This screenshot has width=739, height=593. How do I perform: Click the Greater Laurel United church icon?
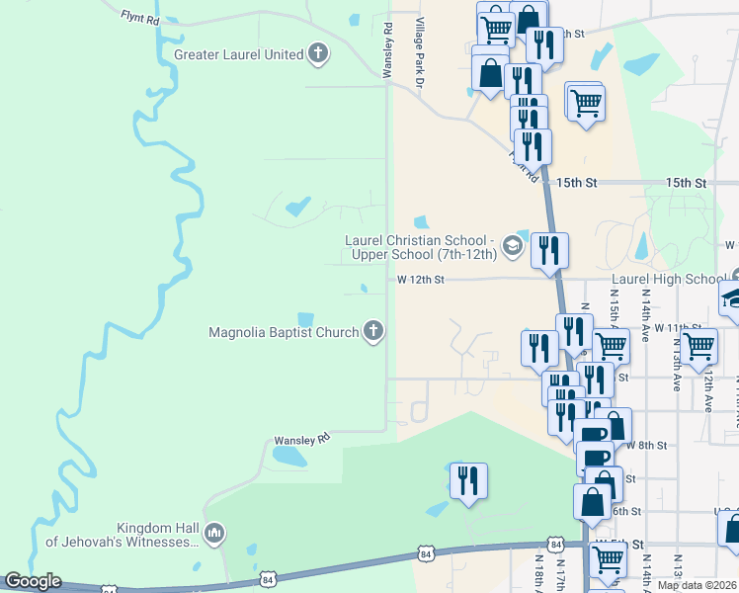pyautogui.click(x=317, y=54)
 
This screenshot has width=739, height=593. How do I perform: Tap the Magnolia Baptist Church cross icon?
pyautogui.click(x=373, y=331)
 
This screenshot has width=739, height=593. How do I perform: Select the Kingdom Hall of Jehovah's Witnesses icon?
pyautogui.click(x=215, y=535)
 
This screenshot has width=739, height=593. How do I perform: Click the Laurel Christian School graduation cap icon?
pyautogui.click(x=512, y=246)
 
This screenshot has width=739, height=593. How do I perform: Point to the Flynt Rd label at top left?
pyautogui.click(x=139, y=17)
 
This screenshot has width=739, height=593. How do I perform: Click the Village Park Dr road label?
pyautogui.click(x=419, y=55)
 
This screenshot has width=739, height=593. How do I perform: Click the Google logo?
pyautogui.click(x=33, y=581)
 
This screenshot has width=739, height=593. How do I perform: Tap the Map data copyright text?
pyautogui.click(x=698, y=585)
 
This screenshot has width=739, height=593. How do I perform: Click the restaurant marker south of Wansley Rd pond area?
pyautogui.click(x=467, y=481)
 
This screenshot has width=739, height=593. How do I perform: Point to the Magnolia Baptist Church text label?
pyautogui.click(x=284, y=332)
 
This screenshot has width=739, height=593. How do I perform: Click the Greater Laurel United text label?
pyautogui.click(x=238, y=54)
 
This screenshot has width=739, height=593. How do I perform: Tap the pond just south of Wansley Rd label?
pyautogui.click(x=287, y=457)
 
